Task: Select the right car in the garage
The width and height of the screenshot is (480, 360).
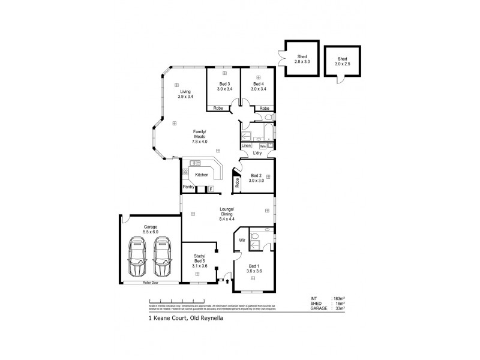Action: pos(162,256)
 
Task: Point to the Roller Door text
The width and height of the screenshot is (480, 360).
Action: pos(150,281)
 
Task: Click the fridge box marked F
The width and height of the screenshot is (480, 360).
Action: pos(211,189)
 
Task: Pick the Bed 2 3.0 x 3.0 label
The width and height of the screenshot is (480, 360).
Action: pos(257,178)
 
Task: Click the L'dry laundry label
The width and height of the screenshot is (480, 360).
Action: pos(258,154)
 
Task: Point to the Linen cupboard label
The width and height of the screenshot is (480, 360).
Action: pos(246,146)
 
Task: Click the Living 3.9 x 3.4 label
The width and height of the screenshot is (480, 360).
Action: pos(185,94)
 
